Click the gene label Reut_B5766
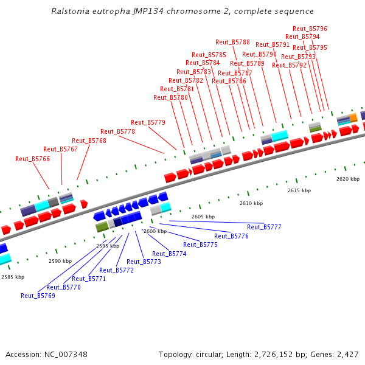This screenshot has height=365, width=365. point(32,159)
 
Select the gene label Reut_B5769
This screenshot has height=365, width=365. point(38,296)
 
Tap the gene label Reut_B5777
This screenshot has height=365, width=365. point(264,227)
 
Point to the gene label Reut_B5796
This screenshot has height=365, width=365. point(310,29)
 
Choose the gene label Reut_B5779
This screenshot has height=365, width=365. point(148,122)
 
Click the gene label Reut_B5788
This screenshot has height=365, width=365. point(232,42)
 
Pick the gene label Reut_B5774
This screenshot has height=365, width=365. point(169,254)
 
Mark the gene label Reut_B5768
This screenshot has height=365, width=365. point(89,141)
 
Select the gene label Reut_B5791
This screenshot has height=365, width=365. point(273,44)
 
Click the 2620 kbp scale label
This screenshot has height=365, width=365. point(348,179)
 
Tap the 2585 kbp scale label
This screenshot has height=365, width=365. point(13,277)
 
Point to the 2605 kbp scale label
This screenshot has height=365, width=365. point(203,217)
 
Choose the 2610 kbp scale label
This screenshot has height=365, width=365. point(251,203)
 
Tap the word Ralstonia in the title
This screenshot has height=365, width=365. point(71,11)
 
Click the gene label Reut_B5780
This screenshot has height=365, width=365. point(170,97)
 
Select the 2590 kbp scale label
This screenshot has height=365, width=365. point(60,261)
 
